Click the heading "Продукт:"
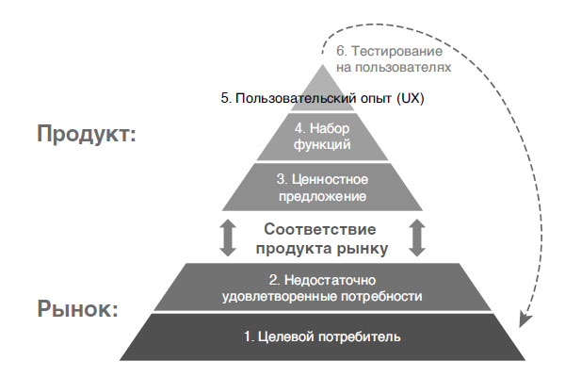point(88,134)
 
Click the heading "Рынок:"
point(77,308)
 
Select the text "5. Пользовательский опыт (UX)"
point(320,97)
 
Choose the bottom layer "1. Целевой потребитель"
point(320,336)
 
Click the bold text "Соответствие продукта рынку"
point(320,238)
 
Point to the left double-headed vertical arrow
point(227,238)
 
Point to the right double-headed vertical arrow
point(417,238)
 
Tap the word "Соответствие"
point(320,229)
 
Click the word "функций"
point(320,145)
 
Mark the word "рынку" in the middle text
point(363,248)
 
